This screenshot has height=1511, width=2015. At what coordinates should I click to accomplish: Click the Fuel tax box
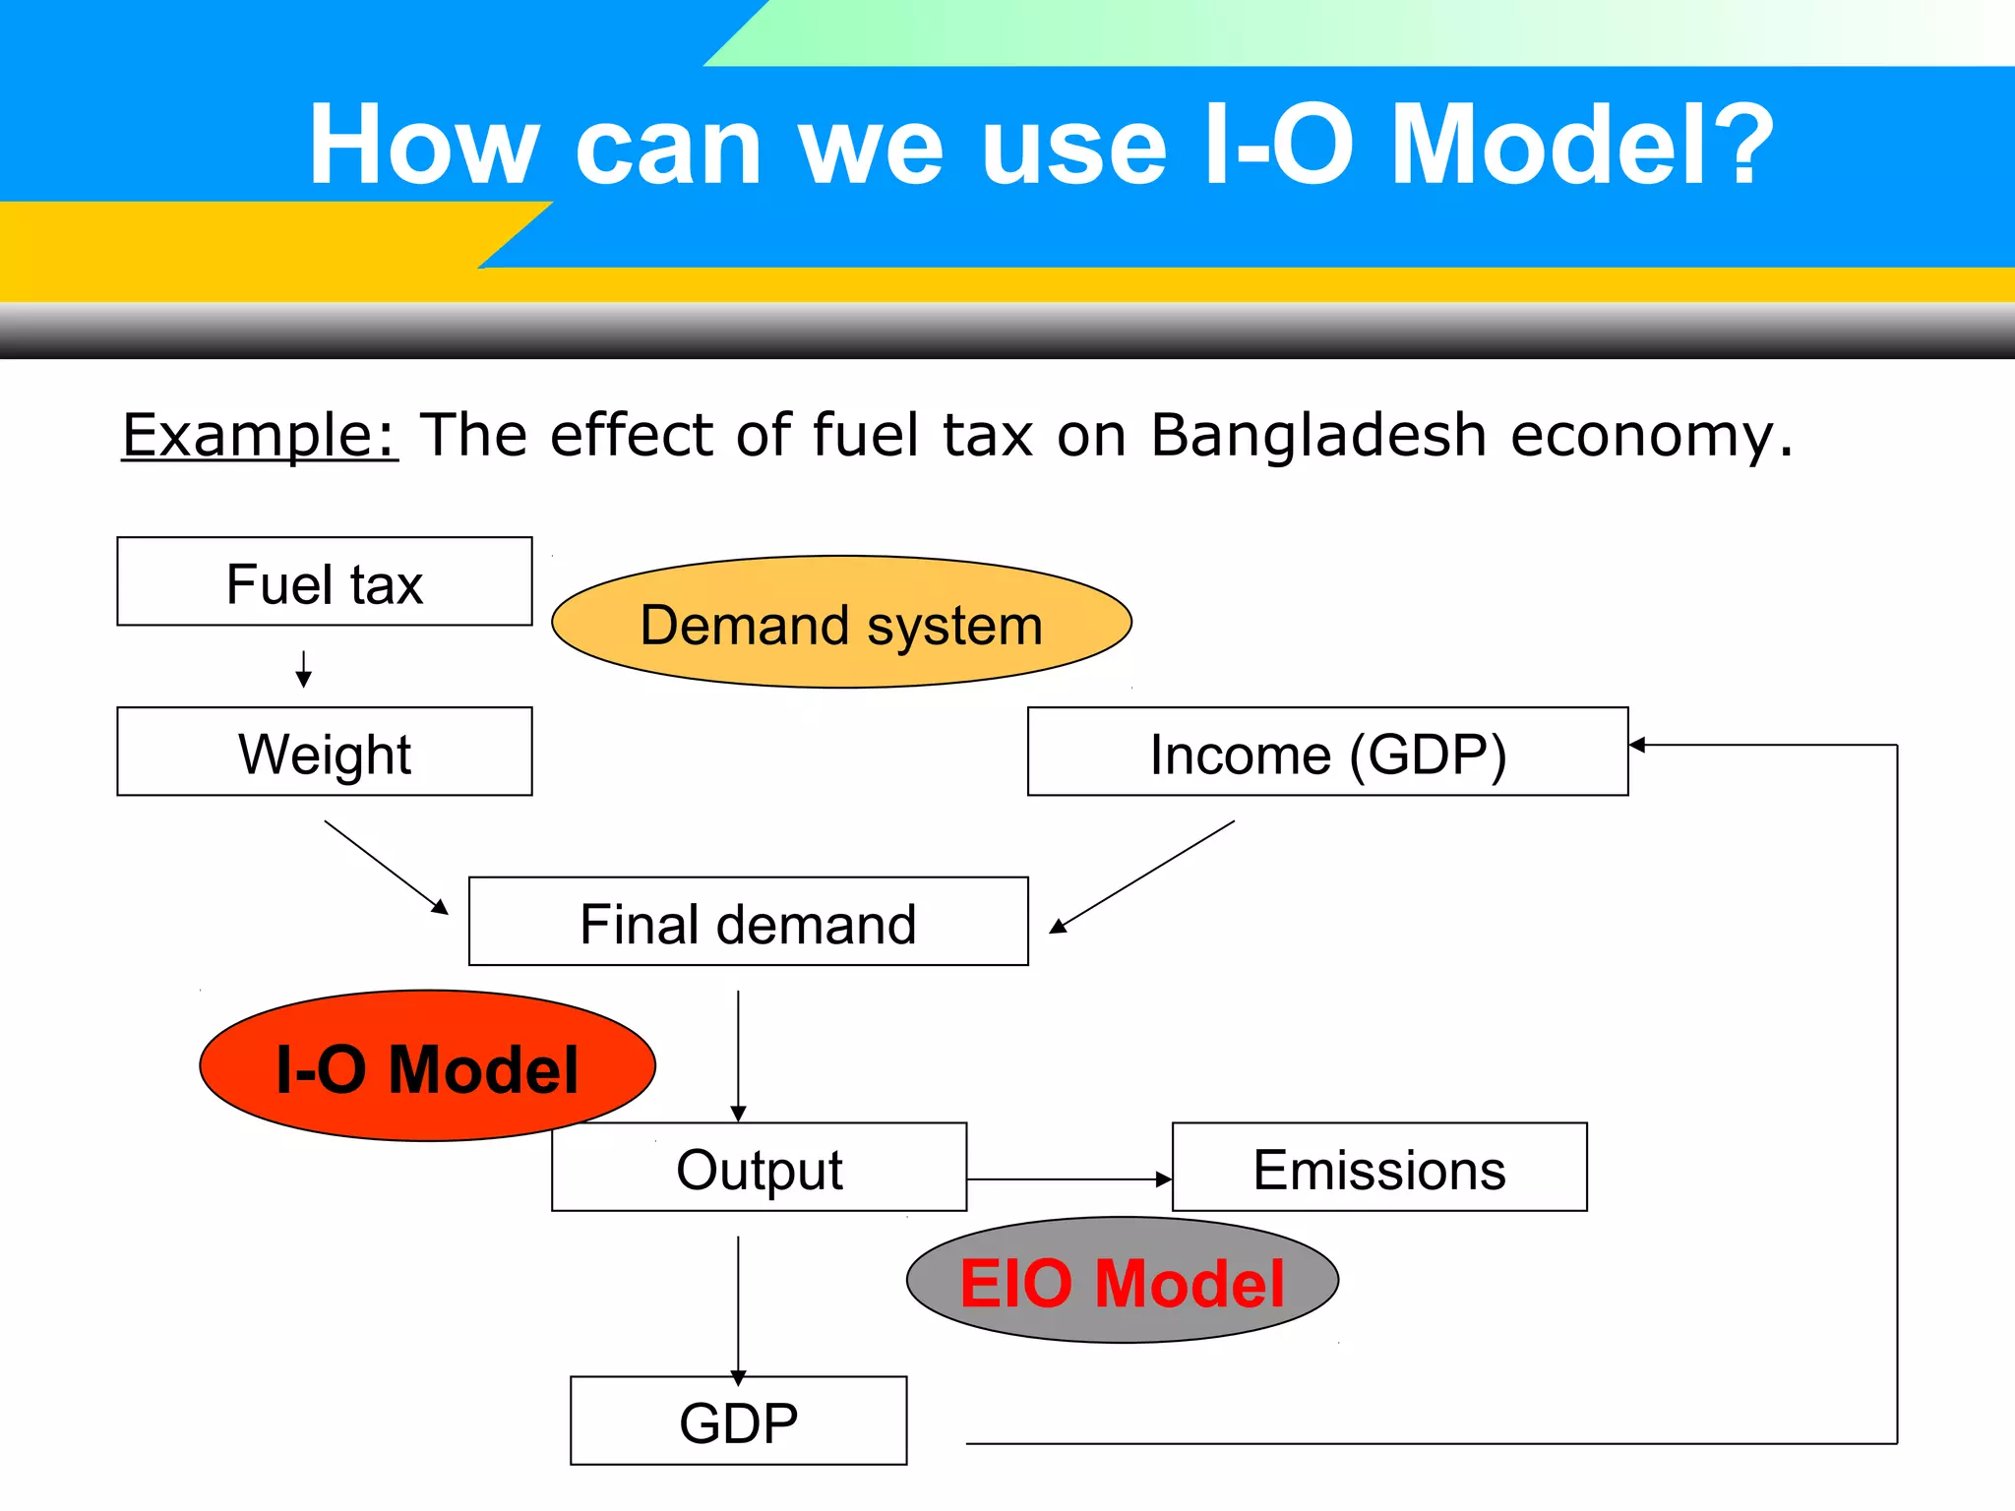click(x=324, y=582)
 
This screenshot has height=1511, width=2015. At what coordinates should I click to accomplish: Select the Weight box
click(x=324, y=753)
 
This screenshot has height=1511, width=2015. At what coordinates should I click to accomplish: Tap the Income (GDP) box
click(x=1327, y=753)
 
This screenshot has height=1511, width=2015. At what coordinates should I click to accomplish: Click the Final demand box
click(x=748, y=923)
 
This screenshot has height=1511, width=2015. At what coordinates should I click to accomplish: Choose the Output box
click(x=759, y=1168)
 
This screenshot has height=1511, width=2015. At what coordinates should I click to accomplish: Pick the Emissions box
click(x=1379, y=1168)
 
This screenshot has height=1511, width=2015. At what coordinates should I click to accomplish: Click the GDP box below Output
click(x=738, y=1421)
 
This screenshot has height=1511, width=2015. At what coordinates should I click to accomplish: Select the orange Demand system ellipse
click(x=841, y=623)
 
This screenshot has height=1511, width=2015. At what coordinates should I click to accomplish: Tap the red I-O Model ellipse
click(x=427, y=1066)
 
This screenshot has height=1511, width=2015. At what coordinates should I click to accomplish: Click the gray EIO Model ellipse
click(x=1122, y=1281)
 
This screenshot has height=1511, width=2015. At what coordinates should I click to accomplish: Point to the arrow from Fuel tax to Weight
click(x=304, y=669)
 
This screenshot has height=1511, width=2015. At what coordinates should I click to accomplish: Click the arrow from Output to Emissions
click(x=1069, y=1179)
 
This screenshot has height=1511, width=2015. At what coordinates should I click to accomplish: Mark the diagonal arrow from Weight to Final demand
click(x=386, y=867)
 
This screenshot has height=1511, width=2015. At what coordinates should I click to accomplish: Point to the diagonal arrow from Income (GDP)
click(x=1141, y=876)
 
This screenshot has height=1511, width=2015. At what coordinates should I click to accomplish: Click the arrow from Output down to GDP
click(x=738, y=1308)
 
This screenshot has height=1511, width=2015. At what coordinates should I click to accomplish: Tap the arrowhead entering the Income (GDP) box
click(x=1638, y=745)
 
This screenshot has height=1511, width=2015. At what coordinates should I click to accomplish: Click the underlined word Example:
click(x=260, y=435)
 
